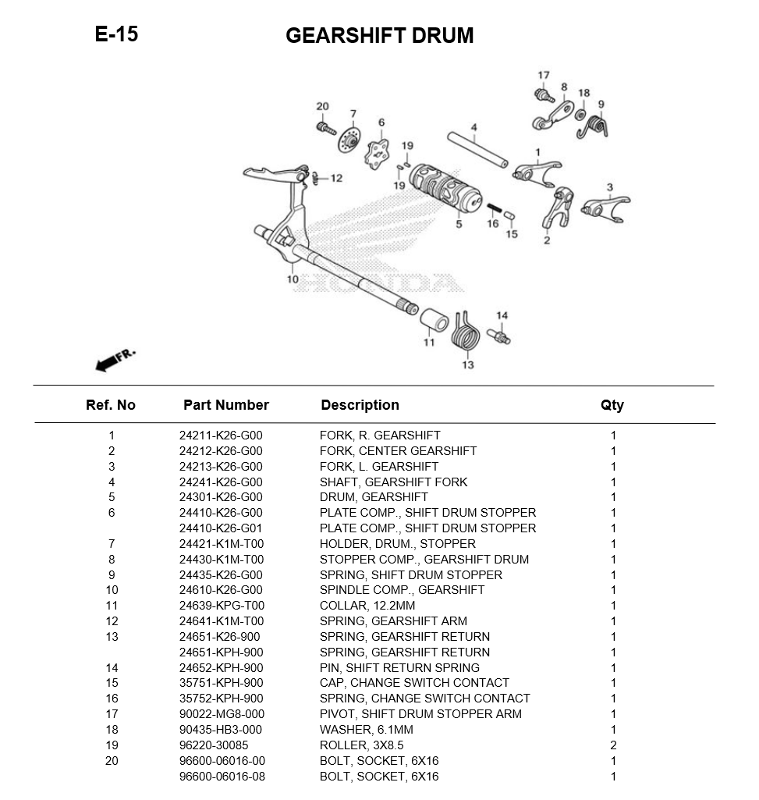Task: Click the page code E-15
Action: point(116,34)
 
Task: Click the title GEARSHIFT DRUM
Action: point(379,36)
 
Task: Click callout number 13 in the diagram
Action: point(467,364)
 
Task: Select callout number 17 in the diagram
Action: point(544,76)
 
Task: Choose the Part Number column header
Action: point(225,405)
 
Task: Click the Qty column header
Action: point(612,405)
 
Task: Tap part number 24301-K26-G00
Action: point(221,497)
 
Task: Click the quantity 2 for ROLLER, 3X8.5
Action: point(613,745)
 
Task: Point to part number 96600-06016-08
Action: point(222,777)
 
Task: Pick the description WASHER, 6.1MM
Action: point(366,730)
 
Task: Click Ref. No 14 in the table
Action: point(112,667)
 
